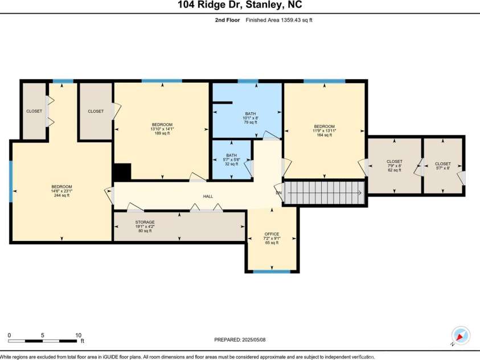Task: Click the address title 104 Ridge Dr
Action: (239, 5)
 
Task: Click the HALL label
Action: (208, 197)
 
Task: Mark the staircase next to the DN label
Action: (323, 193)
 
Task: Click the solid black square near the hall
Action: (122, 172)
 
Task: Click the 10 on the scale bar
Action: (78, 335)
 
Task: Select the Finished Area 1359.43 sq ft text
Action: (279, 20)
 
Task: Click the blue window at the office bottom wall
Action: (272, 271)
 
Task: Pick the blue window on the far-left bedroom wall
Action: (10, 182)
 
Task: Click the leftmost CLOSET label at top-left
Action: (34, 111)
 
